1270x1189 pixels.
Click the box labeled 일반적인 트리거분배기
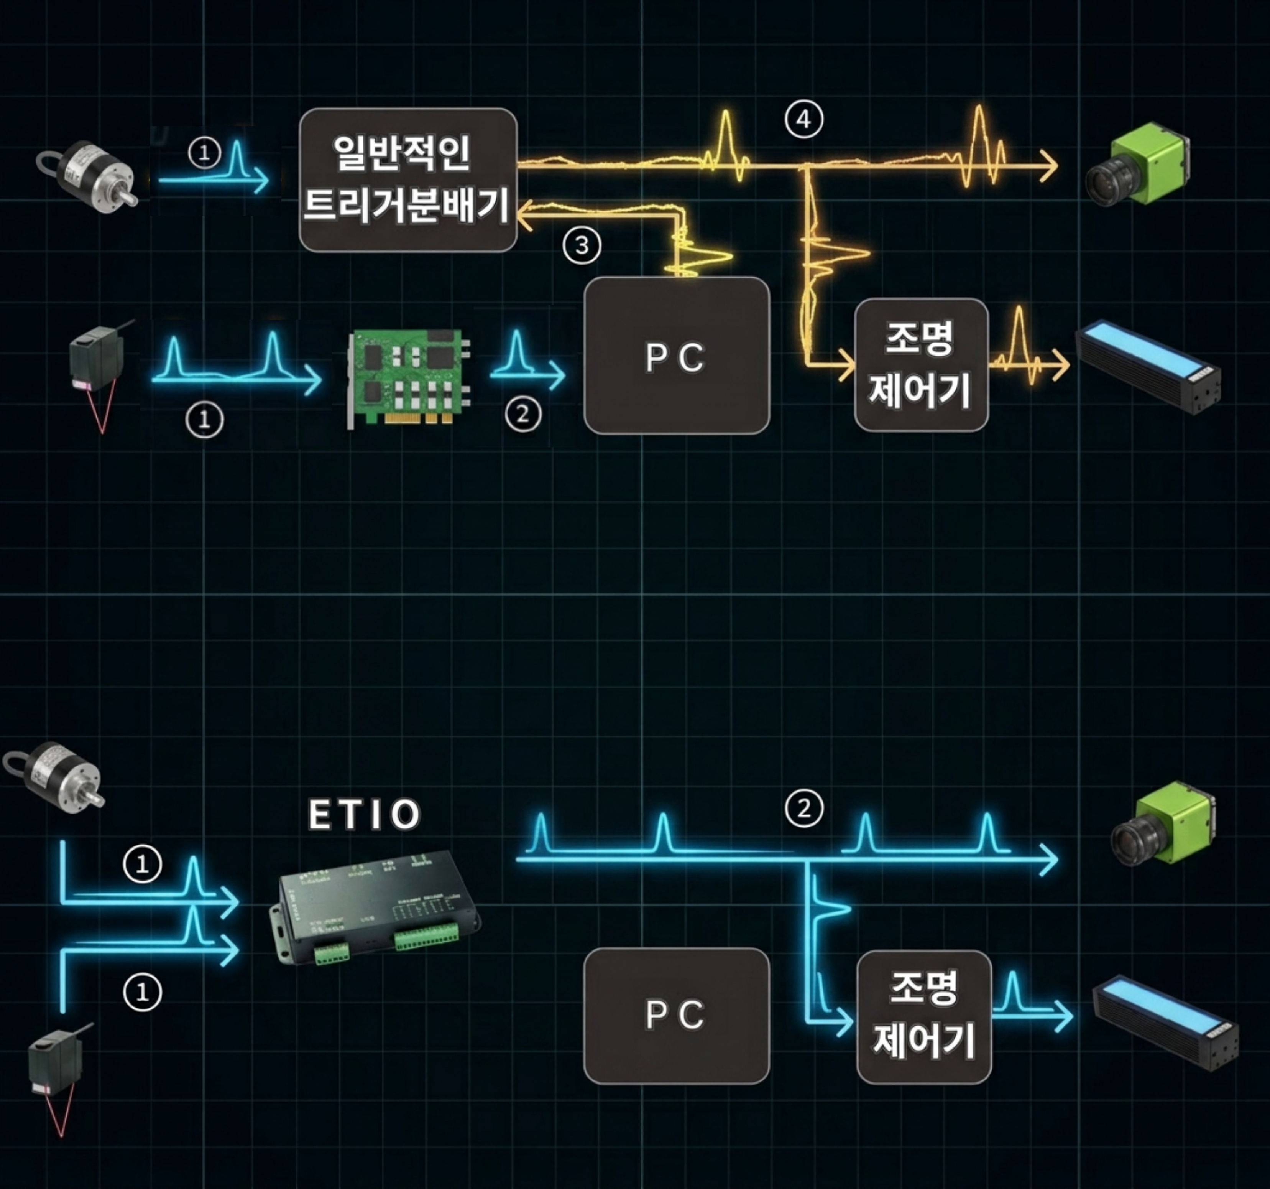pos(407,180)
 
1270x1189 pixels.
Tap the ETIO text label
pos(364,814)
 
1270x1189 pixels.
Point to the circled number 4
pos(803,120)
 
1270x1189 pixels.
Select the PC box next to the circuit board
pos(676,356)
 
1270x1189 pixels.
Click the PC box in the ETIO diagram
pos(676,1015)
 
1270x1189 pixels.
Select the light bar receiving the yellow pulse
pos(1148,367)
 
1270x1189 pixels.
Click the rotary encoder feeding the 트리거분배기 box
pos(89,174)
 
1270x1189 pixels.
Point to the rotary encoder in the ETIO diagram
pos(58,776)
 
